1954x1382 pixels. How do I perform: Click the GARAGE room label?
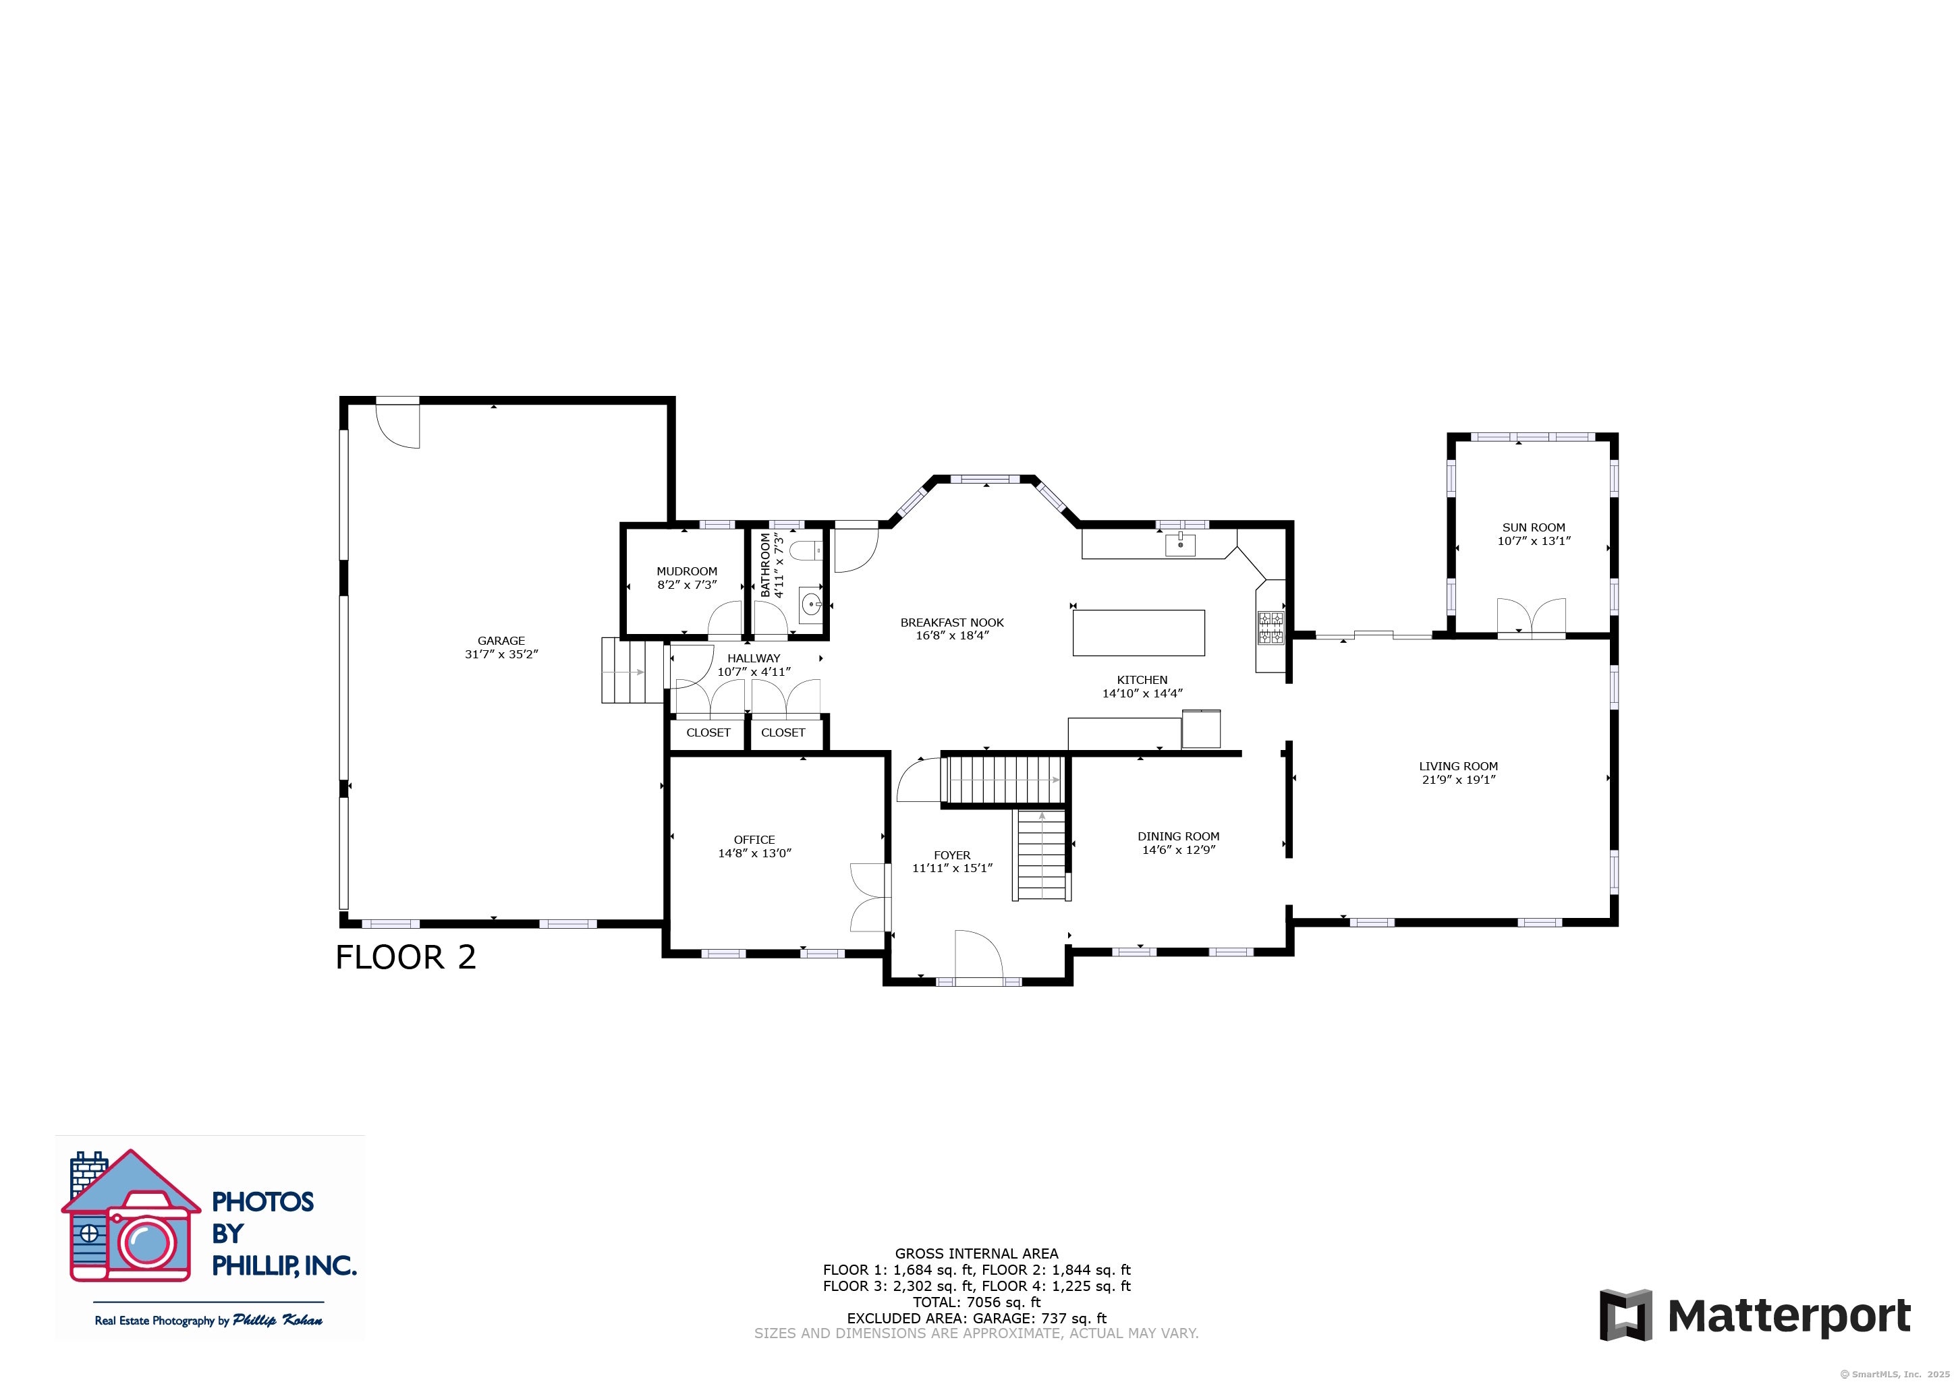point(501,641)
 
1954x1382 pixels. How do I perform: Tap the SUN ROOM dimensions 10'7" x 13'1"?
point(1534,541)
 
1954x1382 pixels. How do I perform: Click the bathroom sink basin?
point(811,605)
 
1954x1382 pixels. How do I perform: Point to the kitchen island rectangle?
point(1138,632)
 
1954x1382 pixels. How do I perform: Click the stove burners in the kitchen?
point(1271,628)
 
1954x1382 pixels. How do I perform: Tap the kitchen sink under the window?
point(1180,544)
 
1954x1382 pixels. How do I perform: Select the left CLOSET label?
point(708,732)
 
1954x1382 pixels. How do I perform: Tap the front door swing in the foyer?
point(979,955)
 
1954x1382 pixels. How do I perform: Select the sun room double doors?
point(1531,618)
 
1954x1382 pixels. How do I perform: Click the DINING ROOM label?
point(1178,836)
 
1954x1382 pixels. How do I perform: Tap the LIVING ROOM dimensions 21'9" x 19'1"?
point(1458,780)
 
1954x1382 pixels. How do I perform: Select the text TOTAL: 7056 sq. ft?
point(976,1302)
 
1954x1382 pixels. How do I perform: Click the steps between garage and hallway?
point(632,670)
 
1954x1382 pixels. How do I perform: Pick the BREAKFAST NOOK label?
point(951,623)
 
